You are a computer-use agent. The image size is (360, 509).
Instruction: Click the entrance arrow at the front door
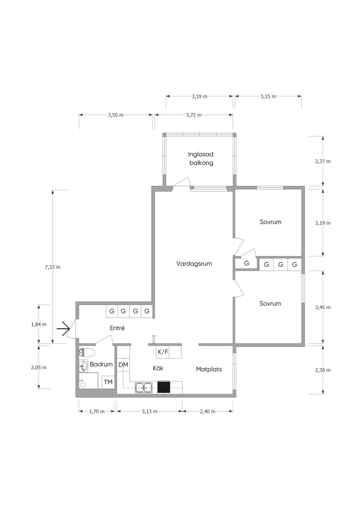point(63,329)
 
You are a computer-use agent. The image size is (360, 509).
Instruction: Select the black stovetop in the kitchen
point(164,387)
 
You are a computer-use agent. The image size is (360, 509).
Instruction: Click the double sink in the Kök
point(144,388)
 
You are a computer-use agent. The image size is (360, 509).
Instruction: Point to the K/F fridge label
point(163,352)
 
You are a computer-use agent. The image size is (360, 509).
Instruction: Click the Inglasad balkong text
point(201,159)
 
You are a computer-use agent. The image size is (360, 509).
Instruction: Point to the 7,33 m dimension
point(52,267)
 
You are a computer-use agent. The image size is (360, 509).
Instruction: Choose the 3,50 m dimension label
point(116,115)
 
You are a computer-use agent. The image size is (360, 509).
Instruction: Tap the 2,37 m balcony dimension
point(323,161)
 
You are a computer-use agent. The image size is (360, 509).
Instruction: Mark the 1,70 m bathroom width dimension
point(97,411)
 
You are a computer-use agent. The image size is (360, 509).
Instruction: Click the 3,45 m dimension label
point(323,307)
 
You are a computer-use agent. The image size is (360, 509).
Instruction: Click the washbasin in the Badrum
point(83,366)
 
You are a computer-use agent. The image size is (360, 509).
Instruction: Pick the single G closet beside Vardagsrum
point(246,263)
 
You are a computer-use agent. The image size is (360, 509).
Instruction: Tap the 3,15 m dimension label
point(268,96)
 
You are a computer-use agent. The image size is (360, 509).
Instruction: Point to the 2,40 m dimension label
point(207,411)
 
